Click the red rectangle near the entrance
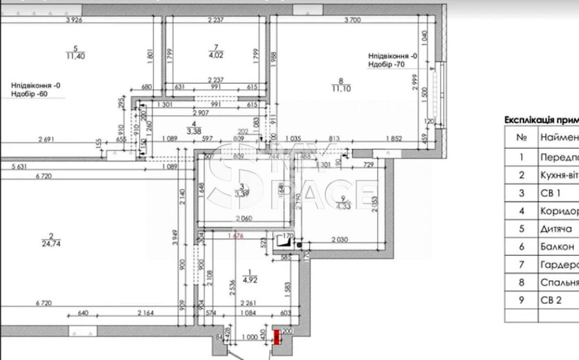277,336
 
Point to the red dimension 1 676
235,236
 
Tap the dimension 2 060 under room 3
244,218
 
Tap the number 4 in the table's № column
521,211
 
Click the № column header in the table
521,138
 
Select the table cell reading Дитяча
557,229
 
